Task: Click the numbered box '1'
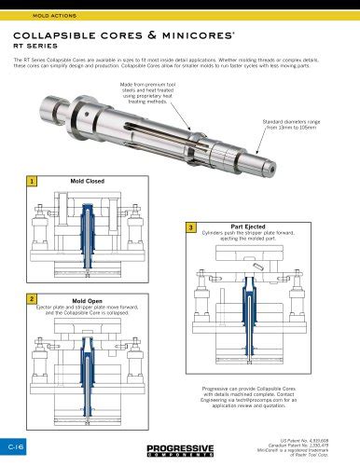click(x=34, y=182)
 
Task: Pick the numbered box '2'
click(x=34, y=298)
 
